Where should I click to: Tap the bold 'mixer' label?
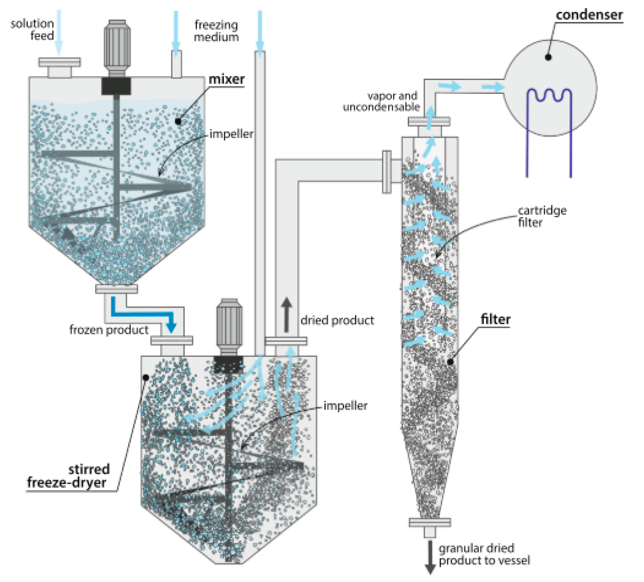227,79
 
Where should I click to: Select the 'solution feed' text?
32,29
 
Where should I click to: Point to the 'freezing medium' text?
216,31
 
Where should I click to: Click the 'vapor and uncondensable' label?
382,101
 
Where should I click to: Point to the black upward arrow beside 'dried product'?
286,315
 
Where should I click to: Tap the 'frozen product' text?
109,330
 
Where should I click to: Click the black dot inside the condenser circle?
548,57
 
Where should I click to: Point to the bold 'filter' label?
495,319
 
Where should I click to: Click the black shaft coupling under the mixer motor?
116,86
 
